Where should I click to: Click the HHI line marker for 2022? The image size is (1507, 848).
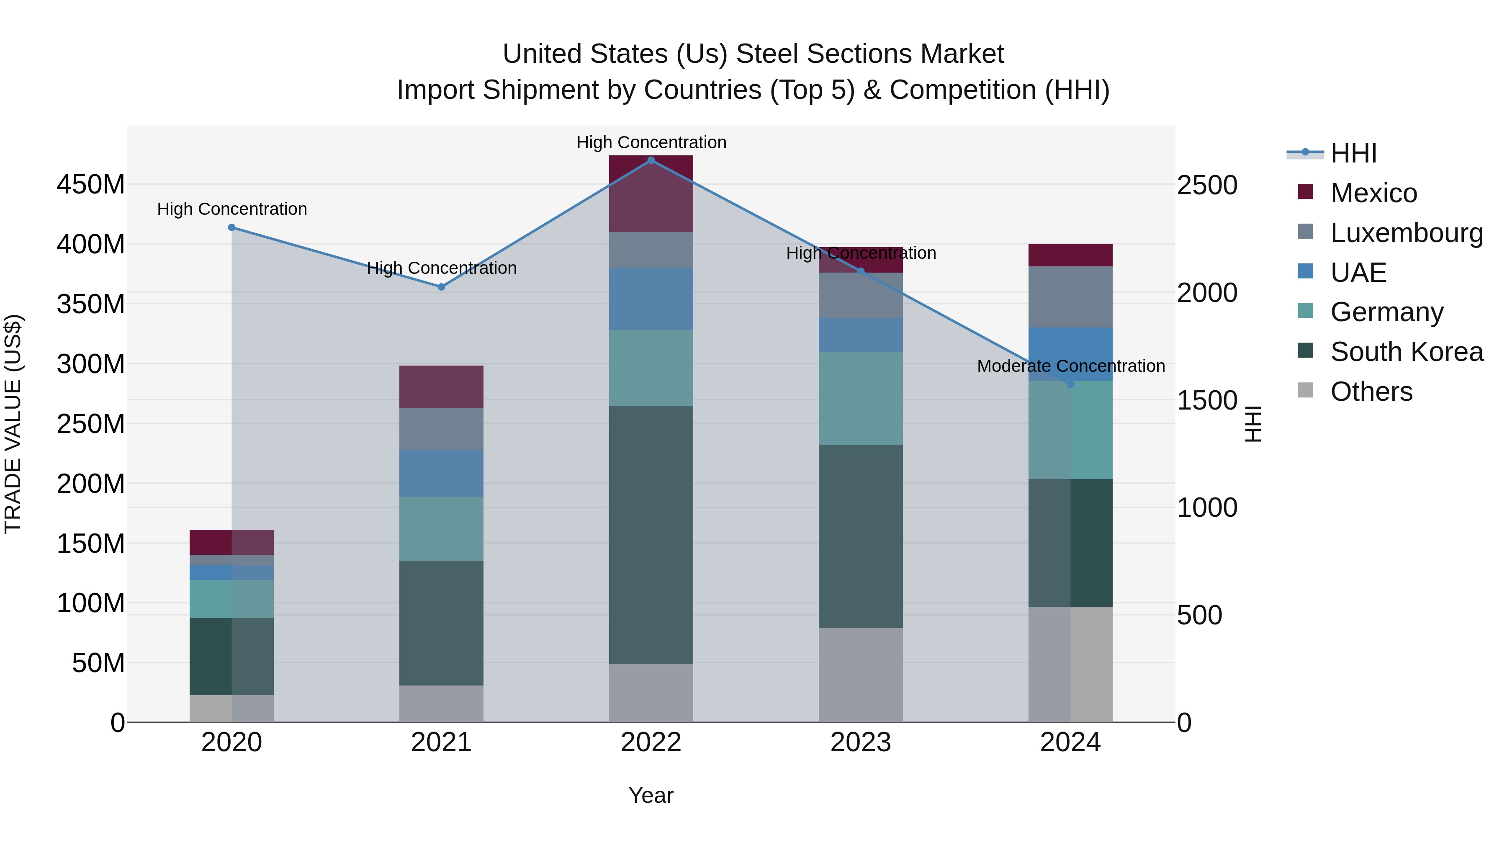pos(651,160)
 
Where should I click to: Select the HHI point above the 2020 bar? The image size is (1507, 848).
pos(231,228)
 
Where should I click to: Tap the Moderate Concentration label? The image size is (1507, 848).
pos(1070,366)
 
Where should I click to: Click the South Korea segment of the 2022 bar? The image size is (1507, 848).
pos(651,534)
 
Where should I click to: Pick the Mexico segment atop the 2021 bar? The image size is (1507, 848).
pos(441,387)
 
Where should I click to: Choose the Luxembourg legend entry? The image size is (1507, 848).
pos(1407,233)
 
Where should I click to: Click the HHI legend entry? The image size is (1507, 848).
pos(1353,153)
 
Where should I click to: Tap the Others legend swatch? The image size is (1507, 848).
pos(1305,390)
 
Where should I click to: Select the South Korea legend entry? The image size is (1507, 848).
pos(1407,352)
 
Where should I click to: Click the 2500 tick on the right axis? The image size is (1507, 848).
pos(1206,185)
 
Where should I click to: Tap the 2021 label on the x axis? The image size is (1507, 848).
pos(441,742)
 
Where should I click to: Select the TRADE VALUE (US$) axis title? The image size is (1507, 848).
pos(13,424)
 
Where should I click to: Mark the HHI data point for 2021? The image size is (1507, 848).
pos(441,287)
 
